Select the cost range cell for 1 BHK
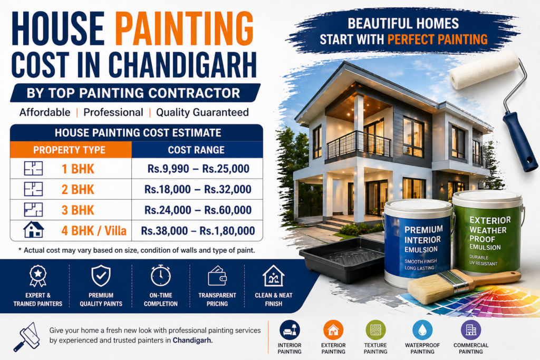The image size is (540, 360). [x=198, y=170]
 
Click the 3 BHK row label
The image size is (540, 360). [x=78, y=210]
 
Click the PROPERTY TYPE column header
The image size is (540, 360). [x=70, y=150]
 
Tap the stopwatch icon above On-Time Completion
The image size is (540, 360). [x=160, y=276]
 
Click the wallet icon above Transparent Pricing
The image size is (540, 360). [x=217, y=276]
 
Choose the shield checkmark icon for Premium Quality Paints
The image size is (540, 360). [x=100, y=276]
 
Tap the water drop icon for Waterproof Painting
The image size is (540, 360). [x=422, y=330]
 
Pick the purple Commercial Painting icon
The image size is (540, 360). [x=470, y=330]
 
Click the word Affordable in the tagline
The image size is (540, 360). [x=45, y=112]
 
